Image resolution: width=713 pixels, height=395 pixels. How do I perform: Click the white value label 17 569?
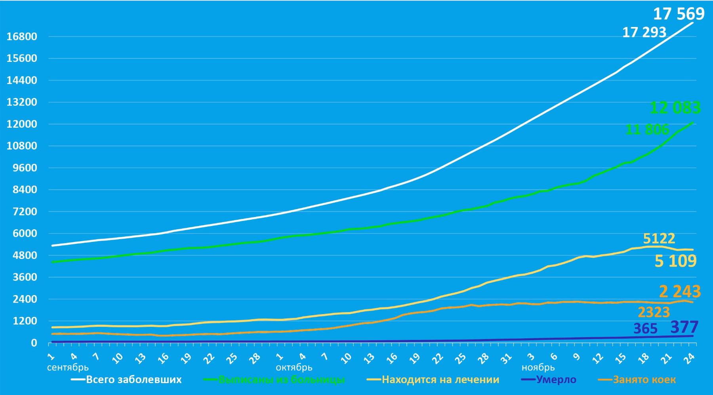(679, 14)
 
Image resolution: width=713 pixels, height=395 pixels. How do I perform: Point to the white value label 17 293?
(644, 32)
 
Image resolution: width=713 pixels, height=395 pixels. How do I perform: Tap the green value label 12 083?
(675, 107)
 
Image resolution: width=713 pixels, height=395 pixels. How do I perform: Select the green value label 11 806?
(647, 129)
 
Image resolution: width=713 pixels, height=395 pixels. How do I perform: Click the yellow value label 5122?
(659, 238)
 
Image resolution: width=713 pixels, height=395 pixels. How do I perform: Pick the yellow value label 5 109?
(675, 261)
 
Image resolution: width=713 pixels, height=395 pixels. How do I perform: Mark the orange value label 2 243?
(680, 291)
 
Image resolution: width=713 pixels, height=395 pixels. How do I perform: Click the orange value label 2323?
(654, 313)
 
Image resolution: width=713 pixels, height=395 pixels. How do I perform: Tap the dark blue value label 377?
(684, 327)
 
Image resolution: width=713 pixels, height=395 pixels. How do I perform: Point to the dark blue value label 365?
(645, 329)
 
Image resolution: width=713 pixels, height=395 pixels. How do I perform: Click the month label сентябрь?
(68, 367)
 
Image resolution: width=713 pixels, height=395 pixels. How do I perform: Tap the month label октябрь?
(294, 367)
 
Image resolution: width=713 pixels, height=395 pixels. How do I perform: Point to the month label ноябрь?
(538, 367)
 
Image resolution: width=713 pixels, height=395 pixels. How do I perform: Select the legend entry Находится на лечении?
(440, 380)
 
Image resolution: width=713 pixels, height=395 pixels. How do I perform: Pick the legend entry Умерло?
(556, 380)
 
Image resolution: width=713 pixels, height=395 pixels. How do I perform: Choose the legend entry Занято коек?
(644, 380)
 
